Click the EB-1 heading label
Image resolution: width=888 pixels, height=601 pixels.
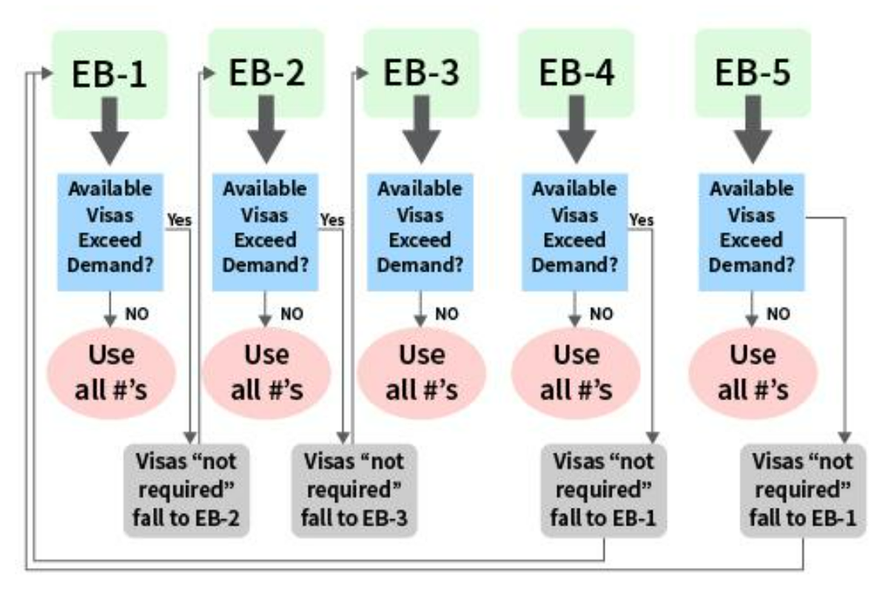coord(110,74)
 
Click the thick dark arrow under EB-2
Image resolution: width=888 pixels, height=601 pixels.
coord(266,130)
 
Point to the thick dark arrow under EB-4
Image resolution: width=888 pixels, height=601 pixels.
coord(576,130)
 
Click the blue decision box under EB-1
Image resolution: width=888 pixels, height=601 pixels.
coord(110,232)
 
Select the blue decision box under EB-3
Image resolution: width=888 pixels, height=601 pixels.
coord(420,232)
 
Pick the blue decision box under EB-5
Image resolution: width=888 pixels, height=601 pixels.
coord(752,232)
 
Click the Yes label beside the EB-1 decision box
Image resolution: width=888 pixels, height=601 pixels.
coord(180,220)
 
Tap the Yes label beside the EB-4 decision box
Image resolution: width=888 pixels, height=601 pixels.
coord(642,220)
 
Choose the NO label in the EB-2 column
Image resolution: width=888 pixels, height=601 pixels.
coord(292,314)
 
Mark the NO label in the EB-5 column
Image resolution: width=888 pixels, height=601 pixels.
coord(778,314)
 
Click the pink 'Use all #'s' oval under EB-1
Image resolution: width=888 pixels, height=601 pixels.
coord(112,373)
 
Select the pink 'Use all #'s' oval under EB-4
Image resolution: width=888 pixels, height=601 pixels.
coord(576,373)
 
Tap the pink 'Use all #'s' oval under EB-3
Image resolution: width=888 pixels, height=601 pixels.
coord(421,373)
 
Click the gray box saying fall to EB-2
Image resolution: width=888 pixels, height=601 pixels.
coord(186,491)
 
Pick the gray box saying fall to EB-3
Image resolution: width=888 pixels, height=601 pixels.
coord(354,491)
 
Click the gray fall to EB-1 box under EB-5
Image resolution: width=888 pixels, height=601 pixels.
coord(803,491)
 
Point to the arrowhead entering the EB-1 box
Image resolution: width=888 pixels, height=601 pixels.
coord(47,73)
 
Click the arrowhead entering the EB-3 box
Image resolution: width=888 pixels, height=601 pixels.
coord(362,73)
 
